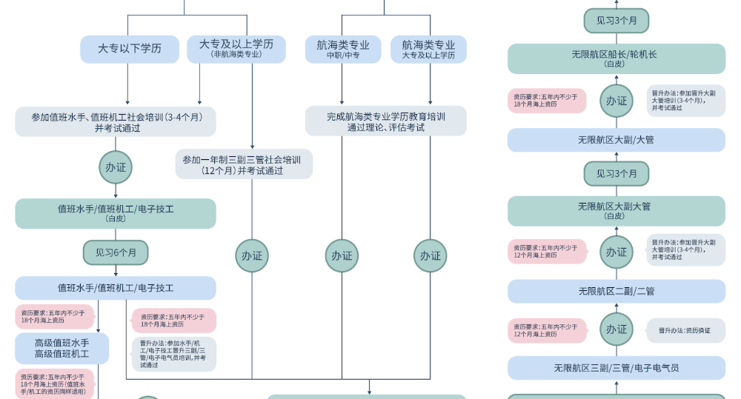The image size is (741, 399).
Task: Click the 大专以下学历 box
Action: (x=130, y=49)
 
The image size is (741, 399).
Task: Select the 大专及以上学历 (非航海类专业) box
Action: (x=236, y=49)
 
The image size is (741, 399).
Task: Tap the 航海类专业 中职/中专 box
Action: (x=343, y=49)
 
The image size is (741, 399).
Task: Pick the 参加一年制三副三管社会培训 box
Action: (x=244, y=164)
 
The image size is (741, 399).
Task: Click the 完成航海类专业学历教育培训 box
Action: (x=386, y=121)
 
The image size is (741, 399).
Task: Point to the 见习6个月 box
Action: (x=116, y=252)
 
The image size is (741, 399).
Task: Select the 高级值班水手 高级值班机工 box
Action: (x=62, y=349)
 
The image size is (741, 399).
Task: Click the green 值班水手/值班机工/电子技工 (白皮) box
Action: (x=116, y=213)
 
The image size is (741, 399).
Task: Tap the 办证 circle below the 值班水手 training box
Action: (x=116, y=167)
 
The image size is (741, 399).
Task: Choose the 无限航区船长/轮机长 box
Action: (x=616, y=58)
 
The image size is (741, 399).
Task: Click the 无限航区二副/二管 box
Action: (x=616, y=291)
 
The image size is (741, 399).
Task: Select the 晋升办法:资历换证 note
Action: (x=685, y=330)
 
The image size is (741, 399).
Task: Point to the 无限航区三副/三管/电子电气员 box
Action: (x=616, y=368)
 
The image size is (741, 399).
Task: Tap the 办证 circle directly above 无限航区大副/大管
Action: (x=617, y=101)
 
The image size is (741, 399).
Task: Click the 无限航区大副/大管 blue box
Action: (x=616, y=140)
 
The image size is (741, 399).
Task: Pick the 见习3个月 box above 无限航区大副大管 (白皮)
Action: (x=616, y=173)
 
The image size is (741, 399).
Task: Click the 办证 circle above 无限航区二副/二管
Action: (x=617, y=252)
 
